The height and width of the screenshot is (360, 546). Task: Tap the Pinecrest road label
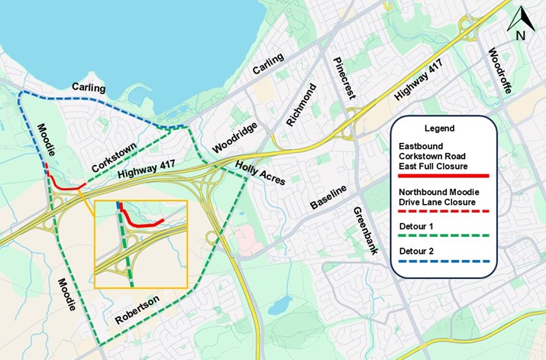pyautogui.click(x=341, y=76)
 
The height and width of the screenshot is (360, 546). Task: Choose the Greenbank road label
pyautogui.click(x=362, y=229)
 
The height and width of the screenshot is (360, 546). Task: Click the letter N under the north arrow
pyautogui.click(x=520, y=35)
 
